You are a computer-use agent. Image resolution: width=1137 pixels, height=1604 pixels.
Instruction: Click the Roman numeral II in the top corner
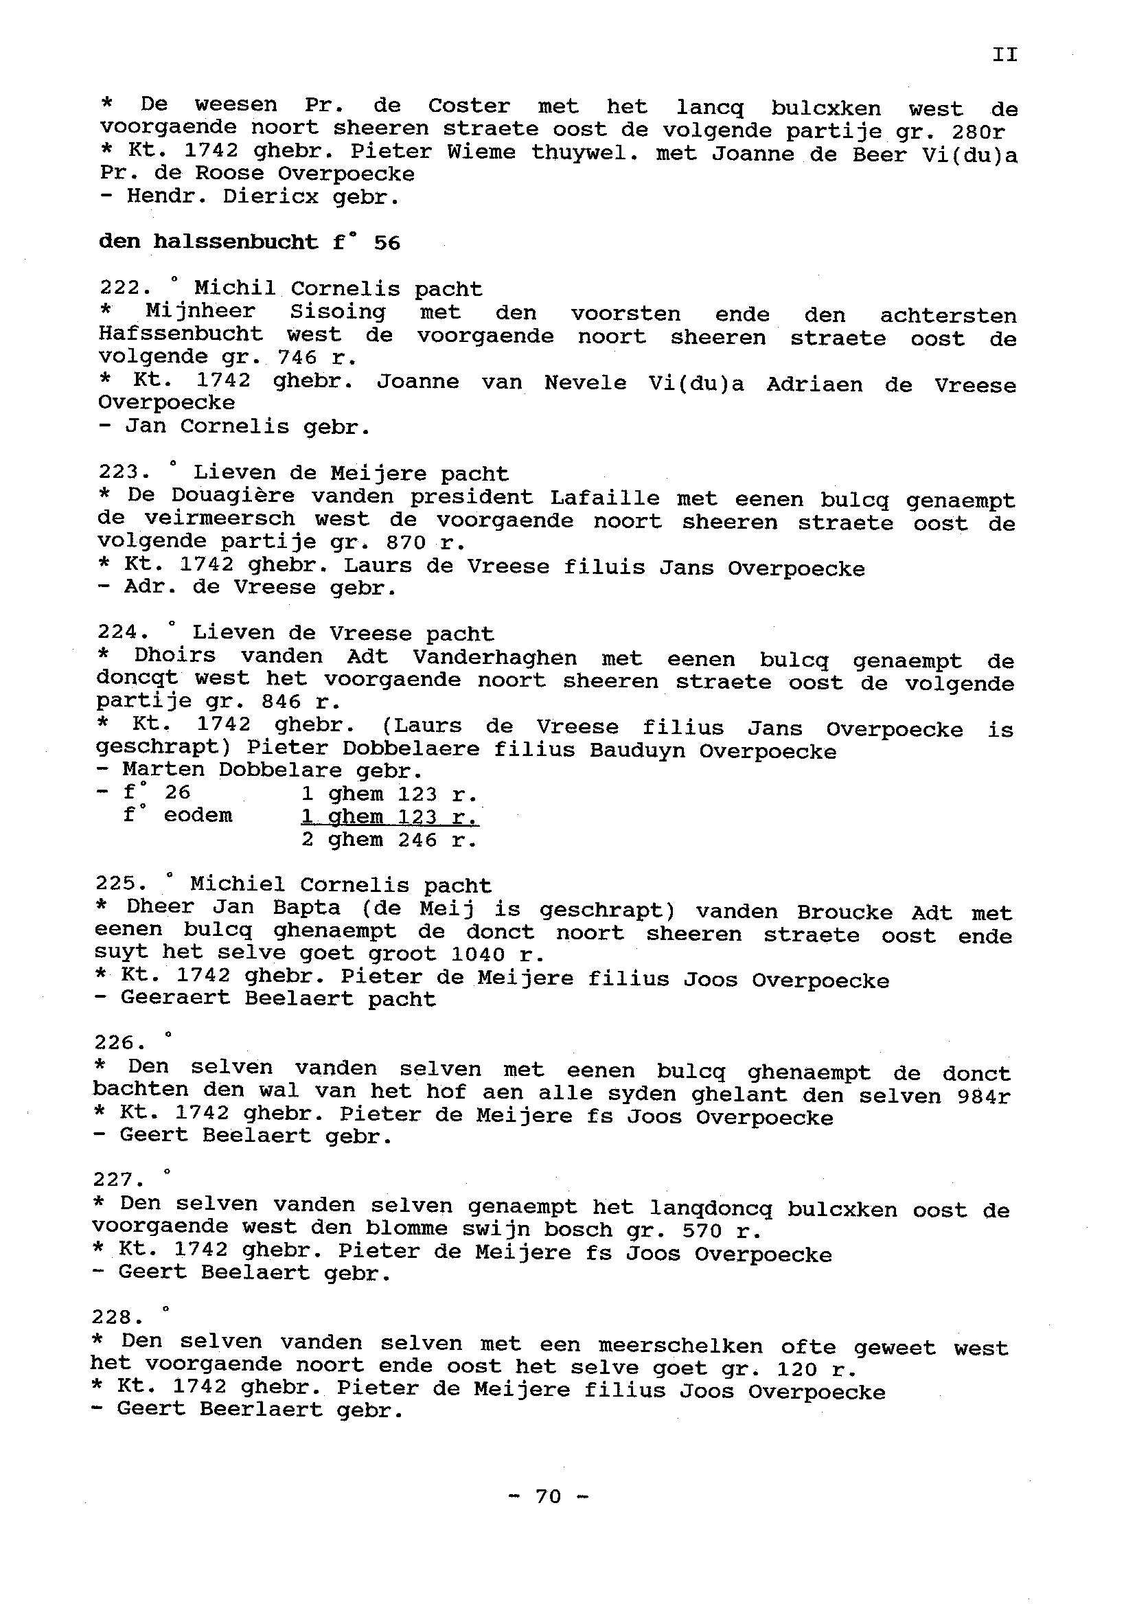pyautogui.click(x=1004, y=55)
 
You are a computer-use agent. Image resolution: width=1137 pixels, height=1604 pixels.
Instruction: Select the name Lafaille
pyautogui.click(x=605, y=499)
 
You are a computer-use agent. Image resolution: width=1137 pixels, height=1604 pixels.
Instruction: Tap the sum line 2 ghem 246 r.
pyautogui.click(x=389, y=840)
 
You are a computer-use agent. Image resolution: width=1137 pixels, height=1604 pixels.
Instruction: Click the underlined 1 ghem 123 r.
pyautogui.click(x=389, y=817)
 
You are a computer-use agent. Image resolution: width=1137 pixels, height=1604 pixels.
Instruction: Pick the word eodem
pyautogui.click(x=198, y=816)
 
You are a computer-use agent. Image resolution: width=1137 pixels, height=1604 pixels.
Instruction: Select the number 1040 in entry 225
pyautogui.click(x=477, y=954)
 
